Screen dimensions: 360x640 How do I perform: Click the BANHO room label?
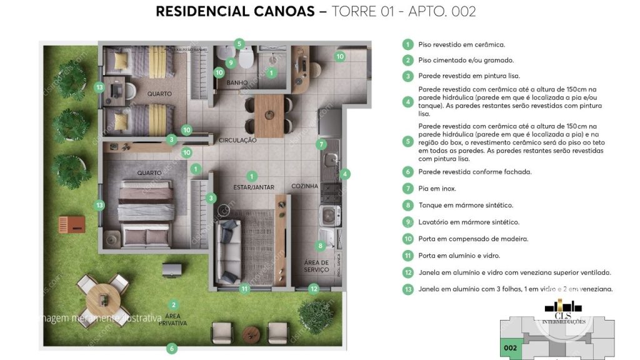[x=237, y=82]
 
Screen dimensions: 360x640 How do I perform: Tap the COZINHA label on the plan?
[x=304, y=186]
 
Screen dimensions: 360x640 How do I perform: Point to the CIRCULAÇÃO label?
[x=238, y=141]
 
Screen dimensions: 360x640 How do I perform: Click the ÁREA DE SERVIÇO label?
[x=316, y=266]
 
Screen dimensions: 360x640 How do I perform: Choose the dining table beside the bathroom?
[x=269, y=115]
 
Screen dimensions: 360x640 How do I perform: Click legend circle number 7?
[x=407, y=188]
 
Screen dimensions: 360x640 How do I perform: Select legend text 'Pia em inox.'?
[x=437, y=188]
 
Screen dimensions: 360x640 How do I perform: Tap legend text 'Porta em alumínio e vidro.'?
[x=459, y=256]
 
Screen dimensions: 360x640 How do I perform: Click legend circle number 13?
[x=407, y=289]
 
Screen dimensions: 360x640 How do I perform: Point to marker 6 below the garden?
[x=172, y=348]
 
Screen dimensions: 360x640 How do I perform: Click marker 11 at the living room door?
[x=244, y=289]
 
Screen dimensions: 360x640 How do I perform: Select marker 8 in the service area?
[x=321, y=246]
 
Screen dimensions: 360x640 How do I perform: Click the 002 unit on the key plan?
[x=510, y=347]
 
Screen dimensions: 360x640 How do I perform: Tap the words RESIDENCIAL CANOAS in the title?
[x=235, y=11]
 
